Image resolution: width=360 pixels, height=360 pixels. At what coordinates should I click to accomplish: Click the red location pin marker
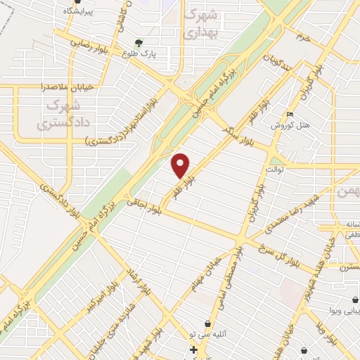tap(181, 165)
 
